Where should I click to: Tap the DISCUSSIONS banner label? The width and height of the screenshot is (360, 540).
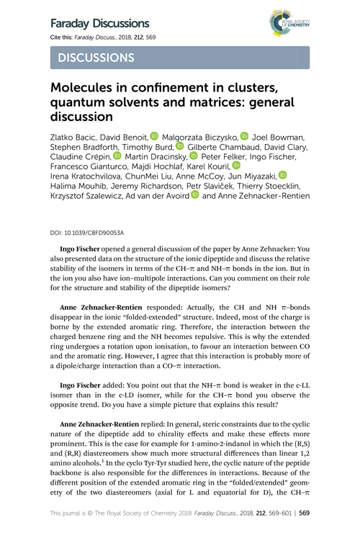(x=95, y=57)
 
